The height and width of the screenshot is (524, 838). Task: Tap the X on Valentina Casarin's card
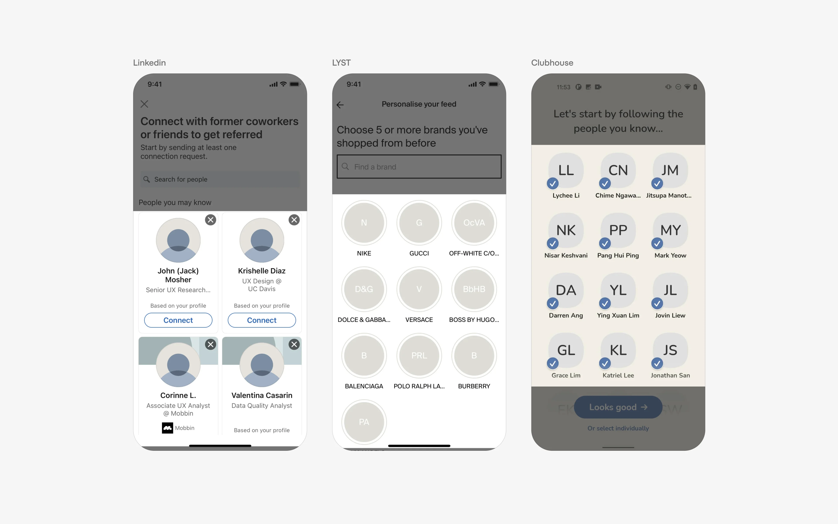294,344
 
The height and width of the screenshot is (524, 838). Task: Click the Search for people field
220,179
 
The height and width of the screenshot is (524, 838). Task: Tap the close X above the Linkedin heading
144,104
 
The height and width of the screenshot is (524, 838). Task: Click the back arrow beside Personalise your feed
340,105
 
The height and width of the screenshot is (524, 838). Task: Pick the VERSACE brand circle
419,289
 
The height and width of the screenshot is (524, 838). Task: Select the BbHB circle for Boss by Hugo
474,289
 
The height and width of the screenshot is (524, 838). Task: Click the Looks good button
618,407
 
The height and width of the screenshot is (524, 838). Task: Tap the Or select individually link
618,428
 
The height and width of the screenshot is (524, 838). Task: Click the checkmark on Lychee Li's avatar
553,183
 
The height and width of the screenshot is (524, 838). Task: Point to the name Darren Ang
566,315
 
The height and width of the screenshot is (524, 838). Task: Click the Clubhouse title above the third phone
552,63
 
